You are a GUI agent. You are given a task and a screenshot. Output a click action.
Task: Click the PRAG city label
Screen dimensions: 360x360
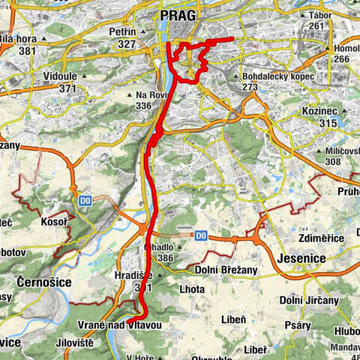pyautogui.click(x=178, y=15)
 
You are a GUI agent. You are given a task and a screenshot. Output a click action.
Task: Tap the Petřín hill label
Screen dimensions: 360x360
pyautogui.click(x=122, y=32)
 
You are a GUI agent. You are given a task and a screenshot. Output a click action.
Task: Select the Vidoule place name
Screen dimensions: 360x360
pyautogui.click(x=62, y=77)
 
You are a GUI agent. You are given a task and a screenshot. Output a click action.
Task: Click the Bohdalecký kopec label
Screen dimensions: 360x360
pyautogui.click(x=278, y=76)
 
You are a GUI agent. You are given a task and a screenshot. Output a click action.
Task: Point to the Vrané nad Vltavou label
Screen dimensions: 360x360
pyautogui.click(x=119, y=324)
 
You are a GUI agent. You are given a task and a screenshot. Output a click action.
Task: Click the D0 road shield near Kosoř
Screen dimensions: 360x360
pyautogui.click(x=85, y=200)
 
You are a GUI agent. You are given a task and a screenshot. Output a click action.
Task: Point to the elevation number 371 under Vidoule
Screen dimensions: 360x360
pyautogui.click(x=68, y=88)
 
